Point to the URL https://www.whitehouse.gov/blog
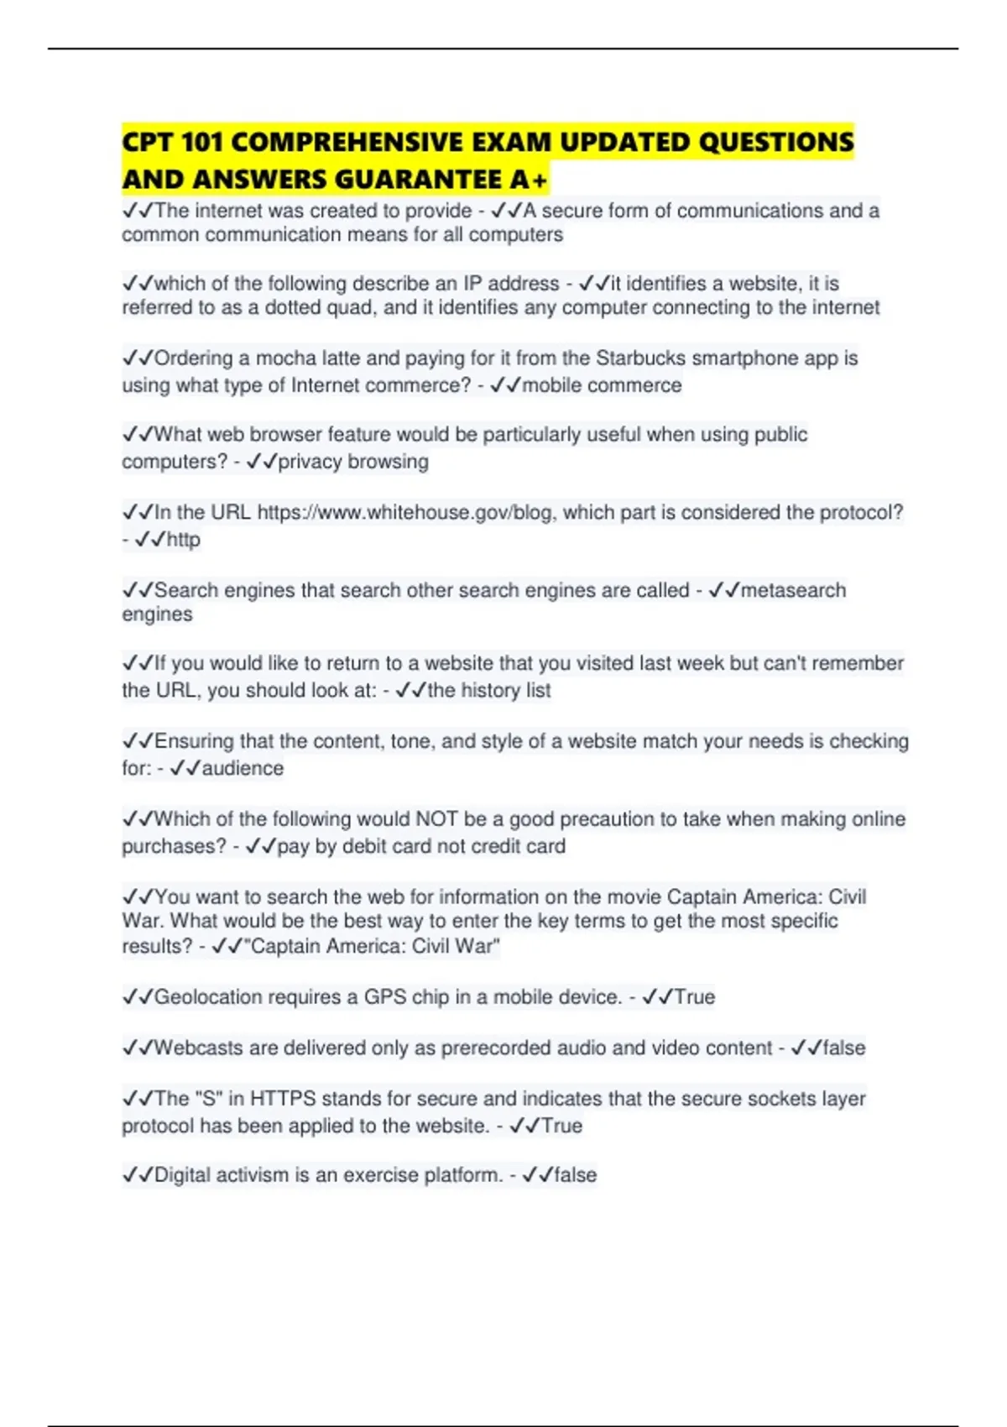click(x=405, y=512)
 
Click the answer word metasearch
click(x=793, y=590)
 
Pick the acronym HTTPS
click(x=283, y=1099)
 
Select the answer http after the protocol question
click(x=183, y=539)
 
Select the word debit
click(x=363, y=846)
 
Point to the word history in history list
click(x=490, y=691)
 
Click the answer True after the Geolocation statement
click(x=695, y=997)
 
